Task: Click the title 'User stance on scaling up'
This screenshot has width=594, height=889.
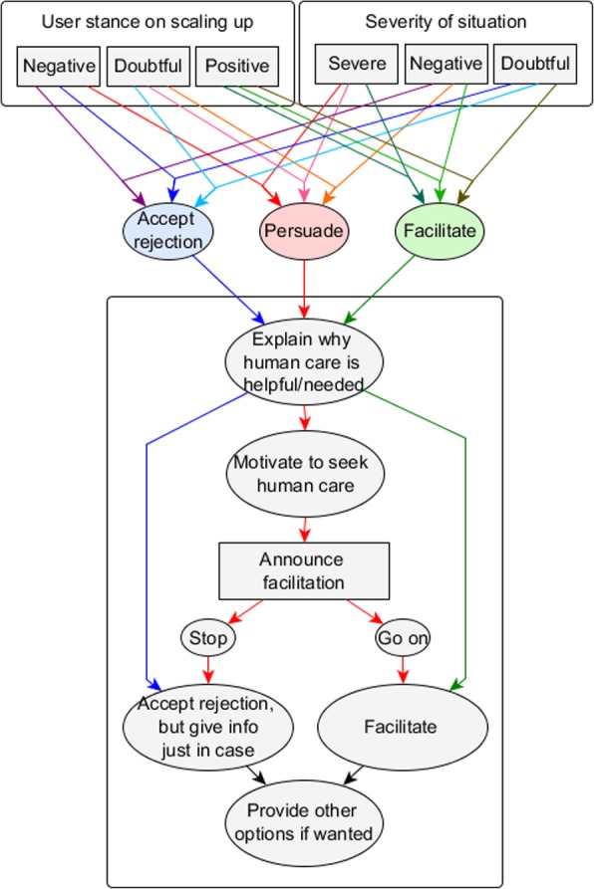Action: pyautogui.click(x=148, y=21)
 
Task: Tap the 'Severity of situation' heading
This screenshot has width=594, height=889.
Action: pyautogui.click(x=445, y=21)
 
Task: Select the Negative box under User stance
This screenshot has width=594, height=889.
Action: pyautogui.click(x=58, y=67)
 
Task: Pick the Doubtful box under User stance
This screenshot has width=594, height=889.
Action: pyautogui.click(x=148, y=67)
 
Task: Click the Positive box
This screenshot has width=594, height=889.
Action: pyautogui.click(x=237, y=67)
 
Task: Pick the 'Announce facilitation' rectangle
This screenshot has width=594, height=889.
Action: pyautogui.click(x=302, y=571)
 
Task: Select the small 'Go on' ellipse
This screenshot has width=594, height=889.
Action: pyautogui.click(x=403, y=636)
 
